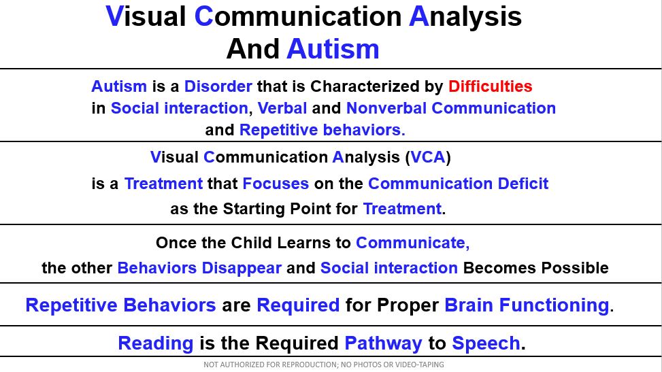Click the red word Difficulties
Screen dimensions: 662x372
click(490, 86)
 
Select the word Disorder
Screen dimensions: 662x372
click(218, 86)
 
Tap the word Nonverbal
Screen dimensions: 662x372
click(386, 108)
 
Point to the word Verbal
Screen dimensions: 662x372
click(282, 108)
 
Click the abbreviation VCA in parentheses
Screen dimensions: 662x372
click(428, 157)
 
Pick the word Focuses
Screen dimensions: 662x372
click(276, 184)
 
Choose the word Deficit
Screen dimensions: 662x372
click(523, 184)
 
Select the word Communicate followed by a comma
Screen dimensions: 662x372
click(412, 243)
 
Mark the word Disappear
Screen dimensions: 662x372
click(242, 268)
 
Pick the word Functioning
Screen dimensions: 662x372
click(554, 305)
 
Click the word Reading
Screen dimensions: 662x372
click(156, 343)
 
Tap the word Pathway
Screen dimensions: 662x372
click(383, 343)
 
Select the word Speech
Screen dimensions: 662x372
click(486, 343)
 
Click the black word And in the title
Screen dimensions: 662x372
click(253, 49)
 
